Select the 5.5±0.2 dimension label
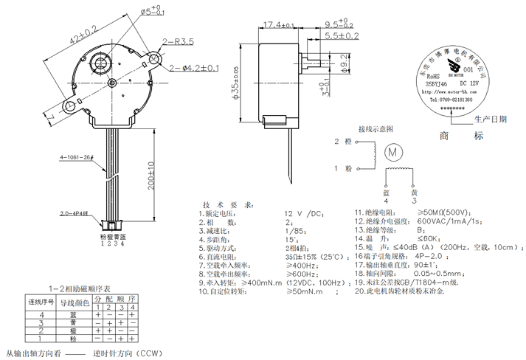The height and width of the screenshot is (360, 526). [342, 35]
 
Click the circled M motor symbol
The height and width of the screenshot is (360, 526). [394, 151]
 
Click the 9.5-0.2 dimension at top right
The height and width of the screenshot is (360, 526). [342, 24]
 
